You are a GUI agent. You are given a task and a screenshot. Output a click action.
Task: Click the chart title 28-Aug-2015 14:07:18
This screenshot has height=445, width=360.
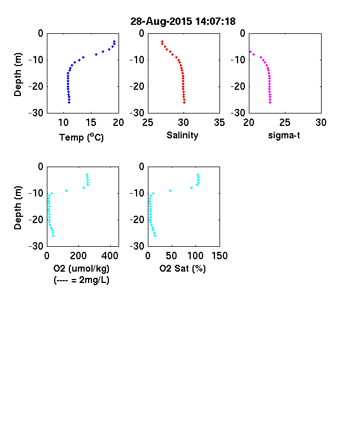tap(183, 21)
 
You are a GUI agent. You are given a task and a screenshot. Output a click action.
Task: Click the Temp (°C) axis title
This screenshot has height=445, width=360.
tap(81, 137)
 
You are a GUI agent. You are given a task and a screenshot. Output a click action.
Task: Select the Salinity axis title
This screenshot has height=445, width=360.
tap(182, 135)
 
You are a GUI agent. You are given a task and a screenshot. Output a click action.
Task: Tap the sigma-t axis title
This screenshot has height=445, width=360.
tap(284, 136)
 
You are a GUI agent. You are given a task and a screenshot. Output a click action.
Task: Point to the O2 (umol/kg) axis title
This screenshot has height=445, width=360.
tap(81, 268)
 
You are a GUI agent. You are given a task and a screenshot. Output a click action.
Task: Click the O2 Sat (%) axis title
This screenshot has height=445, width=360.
tap(182, 268)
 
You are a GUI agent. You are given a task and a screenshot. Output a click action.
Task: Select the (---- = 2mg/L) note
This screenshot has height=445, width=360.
tap(81, 280)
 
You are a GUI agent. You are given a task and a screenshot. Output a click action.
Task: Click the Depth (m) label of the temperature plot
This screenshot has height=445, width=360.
tap(17, 75)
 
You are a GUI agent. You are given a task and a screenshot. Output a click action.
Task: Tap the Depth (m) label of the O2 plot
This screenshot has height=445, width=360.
tap(17, 208)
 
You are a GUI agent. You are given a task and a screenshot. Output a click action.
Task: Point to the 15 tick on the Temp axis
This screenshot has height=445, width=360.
tap(91, 123)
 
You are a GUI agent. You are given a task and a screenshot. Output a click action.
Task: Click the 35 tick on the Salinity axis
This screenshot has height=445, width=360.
tap(219, 123)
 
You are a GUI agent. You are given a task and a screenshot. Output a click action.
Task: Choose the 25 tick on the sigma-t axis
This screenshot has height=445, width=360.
tap(285, 123)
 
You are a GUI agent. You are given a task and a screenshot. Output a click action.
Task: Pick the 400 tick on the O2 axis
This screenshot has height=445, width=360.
tap(110, 256)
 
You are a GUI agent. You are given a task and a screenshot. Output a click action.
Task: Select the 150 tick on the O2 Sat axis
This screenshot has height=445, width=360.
tap(219, 256)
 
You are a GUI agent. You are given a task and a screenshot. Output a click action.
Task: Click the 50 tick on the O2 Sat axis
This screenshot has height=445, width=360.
tap(172, 256)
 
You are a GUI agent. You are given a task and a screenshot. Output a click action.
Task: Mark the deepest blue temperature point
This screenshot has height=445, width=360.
tap(69, 102)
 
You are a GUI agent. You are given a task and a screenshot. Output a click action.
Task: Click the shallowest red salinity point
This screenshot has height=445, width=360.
tap(162, 41)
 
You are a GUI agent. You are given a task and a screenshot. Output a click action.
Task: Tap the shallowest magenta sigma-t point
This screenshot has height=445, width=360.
tap(251, 51)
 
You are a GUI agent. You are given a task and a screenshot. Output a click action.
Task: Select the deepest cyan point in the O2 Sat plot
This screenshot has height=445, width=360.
tap(155, 236)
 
